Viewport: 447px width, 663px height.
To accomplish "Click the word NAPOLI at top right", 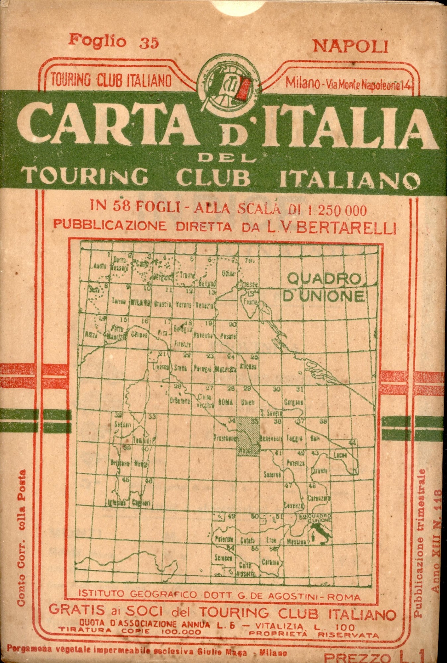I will (350, 47).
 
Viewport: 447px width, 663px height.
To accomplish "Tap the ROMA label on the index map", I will (225, 402).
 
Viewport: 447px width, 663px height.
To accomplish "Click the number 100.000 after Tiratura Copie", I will (181, 632).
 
